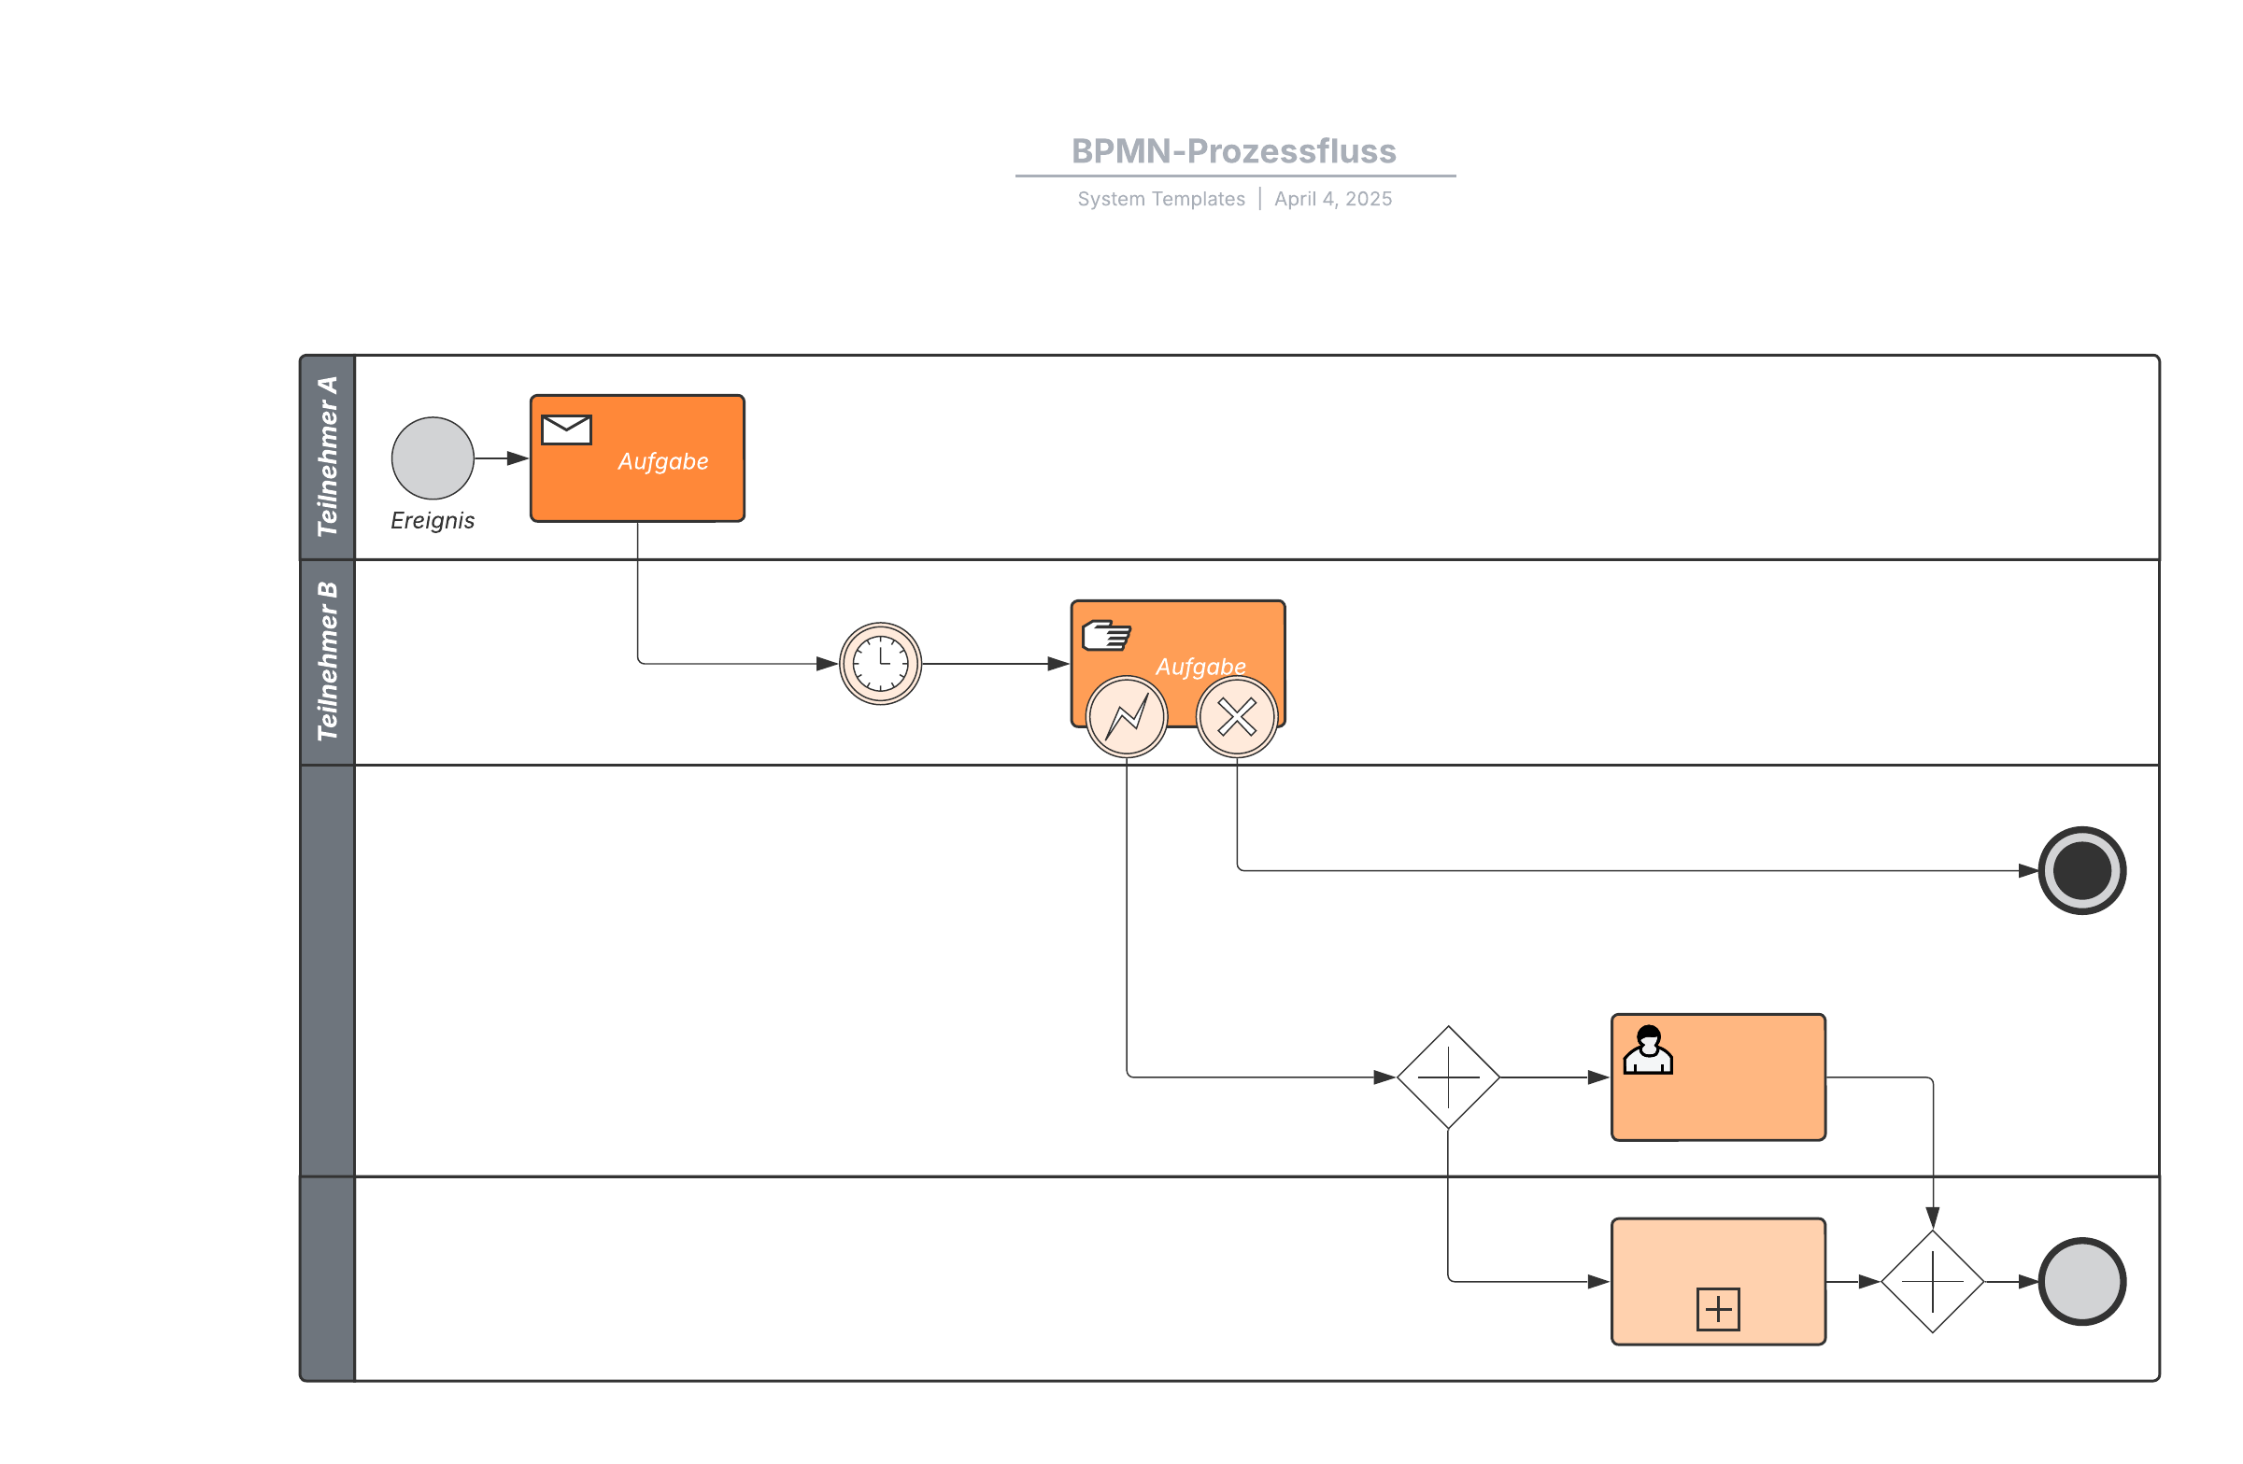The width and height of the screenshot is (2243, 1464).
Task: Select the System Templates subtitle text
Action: [x=1160, y=199]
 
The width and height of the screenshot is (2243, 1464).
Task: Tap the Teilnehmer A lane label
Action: [x=327, y=457]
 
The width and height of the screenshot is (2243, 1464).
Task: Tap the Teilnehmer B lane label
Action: [x=327, y=661]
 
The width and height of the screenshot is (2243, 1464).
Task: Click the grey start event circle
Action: [x=433, y=457]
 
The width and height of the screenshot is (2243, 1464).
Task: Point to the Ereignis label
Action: [x=433, y=520]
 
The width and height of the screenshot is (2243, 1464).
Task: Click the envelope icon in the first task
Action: [x=566, y=429]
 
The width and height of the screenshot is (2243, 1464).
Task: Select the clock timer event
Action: [x=880, y=663]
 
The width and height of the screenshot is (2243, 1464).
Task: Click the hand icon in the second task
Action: [x=1105, y=636]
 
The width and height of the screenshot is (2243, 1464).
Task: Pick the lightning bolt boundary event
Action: [x=1127, y=717]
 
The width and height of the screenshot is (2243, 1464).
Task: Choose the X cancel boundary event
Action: [x=1237, y=717]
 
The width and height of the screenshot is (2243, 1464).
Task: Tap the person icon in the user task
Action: [x=1647, y=1049]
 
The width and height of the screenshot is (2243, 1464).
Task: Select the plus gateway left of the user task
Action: [x=1448, y=1077]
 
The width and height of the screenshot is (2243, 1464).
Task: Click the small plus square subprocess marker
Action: [x=1717, y=1309]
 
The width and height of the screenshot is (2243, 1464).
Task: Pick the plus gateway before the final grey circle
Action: [x=1932, y=1281]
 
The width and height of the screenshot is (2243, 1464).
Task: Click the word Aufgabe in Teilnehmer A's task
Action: [x=662, y=461]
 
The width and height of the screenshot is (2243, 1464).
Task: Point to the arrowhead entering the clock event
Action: [x=828, y=663]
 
